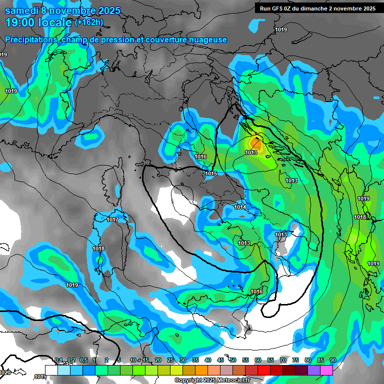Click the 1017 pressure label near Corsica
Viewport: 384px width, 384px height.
(112, 219)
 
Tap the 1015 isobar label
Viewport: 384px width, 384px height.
(211, 173)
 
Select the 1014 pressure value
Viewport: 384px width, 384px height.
(240, 207)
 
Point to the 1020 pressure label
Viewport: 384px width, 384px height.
(5, 372)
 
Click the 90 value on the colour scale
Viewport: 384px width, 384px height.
(332, 360)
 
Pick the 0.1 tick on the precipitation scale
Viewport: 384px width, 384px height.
(58, 360)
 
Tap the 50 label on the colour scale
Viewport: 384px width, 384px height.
(233, 360)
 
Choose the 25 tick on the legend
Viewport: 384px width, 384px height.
(170, 360)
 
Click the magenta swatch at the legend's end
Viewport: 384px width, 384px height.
(326, 370)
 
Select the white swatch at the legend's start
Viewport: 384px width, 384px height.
(51, 370)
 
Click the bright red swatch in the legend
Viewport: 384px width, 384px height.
(264, 370)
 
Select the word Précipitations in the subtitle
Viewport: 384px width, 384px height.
(30, 39)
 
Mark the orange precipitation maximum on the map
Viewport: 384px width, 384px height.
(253, 145)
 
